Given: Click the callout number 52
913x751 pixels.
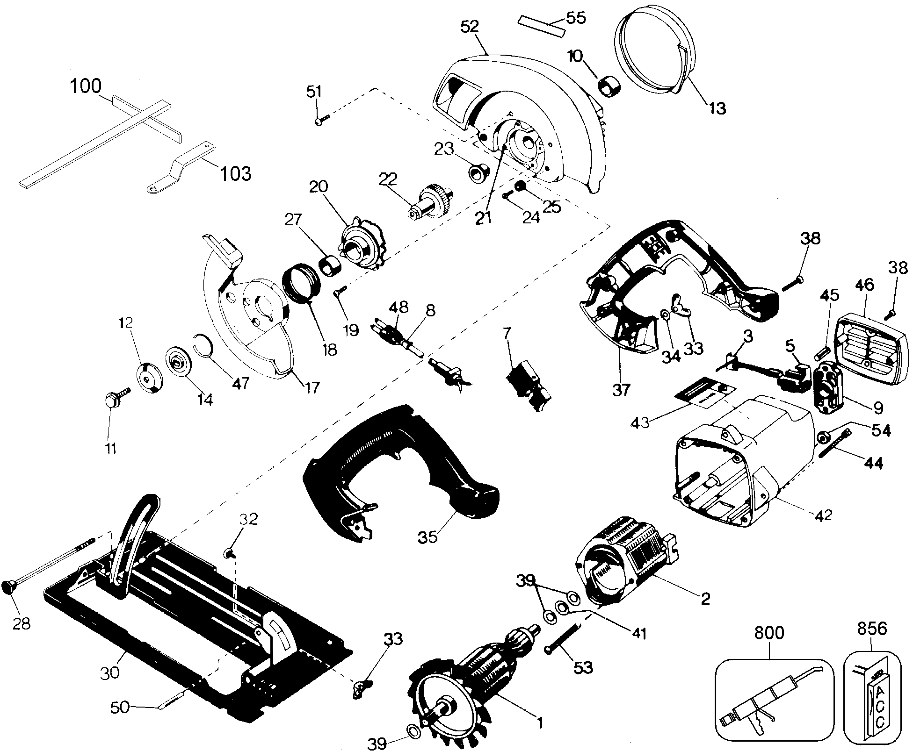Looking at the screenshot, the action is tap(470, 27).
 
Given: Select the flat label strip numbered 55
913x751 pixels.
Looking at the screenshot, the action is tap(541, 26).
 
